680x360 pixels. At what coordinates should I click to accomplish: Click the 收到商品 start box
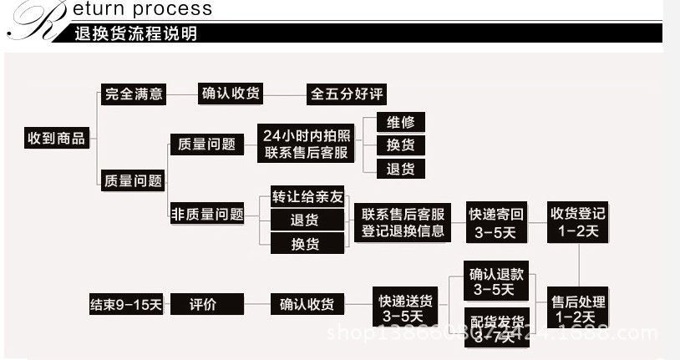(x=57, y=139)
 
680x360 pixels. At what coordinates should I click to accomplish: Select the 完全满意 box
(x=134, y=94)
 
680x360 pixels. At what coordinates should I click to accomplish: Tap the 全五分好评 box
(x=348, y=94)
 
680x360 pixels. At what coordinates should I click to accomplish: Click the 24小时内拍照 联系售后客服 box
(x=308, y=144)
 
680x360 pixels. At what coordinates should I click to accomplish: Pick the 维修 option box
(x=400, y=122)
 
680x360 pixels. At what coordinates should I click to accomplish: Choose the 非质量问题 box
(x=207, y=214)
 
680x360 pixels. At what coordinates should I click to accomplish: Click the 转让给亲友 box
(x=307, y=197)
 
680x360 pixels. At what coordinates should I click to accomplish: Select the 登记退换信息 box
(x=403, y=222)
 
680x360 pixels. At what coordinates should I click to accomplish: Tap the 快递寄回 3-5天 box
(x=496, y=222)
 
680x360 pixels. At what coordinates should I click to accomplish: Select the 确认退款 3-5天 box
(x=496, y=281)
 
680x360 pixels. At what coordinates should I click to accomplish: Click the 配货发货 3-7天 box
(x=496, y=328)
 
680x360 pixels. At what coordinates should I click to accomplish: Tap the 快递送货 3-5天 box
(x=405, y=308)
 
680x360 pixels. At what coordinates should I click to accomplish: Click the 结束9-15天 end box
(x=126, y=304)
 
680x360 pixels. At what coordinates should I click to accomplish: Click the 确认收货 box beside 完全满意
(x=231, y=94)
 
